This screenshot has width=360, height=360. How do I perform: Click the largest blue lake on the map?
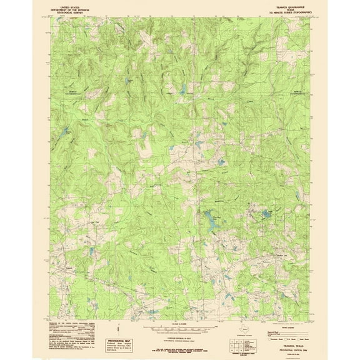[x=213, y=221]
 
